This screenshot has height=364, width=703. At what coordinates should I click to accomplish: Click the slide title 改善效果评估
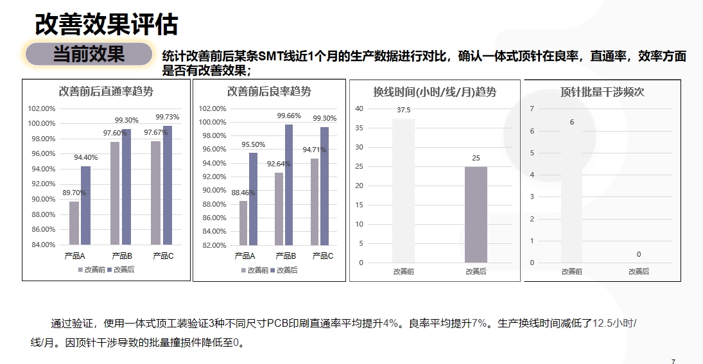tap(106, 24)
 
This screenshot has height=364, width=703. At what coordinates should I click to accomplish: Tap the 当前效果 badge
tap(88, 55)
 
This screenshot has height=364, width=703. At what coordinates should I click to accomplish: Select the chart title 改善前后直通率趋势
tap(106, 91)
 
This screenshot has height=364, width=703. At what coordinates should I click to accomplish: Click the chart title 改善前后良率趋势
tap(269, 91)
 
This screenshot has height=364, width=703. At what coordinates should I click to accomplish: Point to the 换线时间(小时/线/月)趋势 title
tap(435, 92)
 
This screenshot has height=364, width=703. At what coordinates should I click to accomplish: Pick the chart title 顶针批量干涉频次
tap(602, 92)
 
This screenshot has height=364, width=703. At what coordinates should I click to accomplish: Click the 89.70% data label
tap(74, 193)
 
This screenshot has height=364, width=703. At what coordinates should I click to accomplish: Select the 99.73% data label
tap(168, 117)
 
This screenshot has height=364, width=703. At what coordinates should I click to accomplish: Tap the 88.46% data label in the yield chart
tap(243, 193)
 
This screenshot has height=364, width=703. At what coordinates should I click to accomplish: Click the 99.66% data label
tap(289, 116)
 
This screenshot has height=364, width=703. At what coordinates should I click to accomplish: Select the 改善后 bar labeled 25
tap(476, 214)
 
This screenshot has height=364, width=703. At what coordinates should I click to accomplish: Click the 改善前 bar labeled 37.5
tap(404, 190)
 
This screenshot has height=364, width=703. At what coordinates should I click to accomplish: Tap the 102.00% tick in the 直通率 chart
tap(42, 108)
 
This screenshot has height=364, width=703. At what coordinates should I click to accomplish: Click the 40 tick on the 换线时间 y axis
tap(360, 108)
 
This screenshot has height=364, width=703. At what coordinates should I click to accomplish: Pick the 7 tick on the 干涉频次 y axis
tap(532, 108)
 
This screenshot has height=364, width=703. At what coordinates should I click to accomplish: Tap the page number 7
tap(673, 361)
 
